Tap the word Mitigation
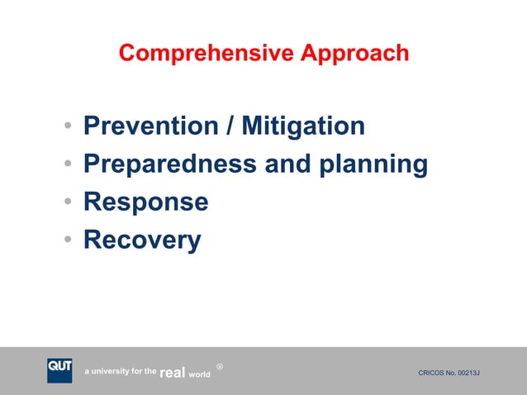coord(303,126)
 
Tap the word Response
coord(145,203)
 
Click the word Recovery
coord(142,240)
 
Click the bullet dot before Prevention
coord(66,128)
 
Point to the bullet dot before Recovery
coord(66,241)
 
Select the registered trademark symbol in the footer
coord(219,366)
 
